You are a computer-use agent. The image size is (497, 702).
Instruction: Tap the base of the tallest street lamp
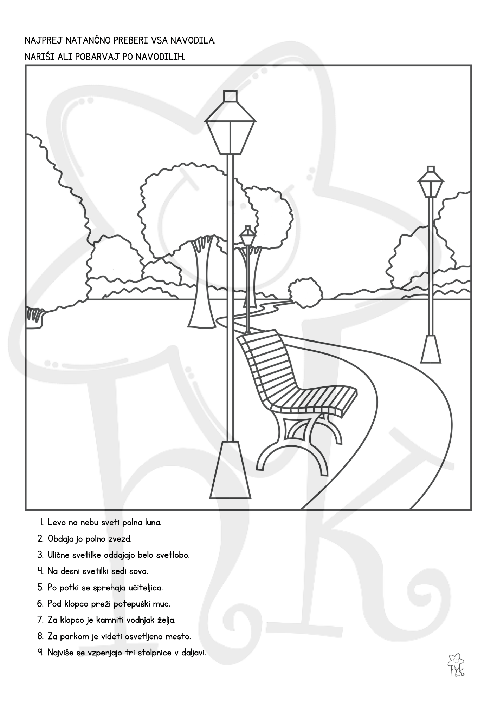click(x=230, y=470)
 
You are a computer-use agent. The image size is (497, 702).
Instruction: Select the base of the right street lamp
click(x=431, y=349)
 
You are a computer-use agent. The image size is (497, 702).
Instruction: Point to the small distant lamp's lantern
click(x=248, y=236)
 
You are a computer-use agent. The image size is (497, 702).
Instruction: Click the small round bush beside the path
click(x=305, y=292)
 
